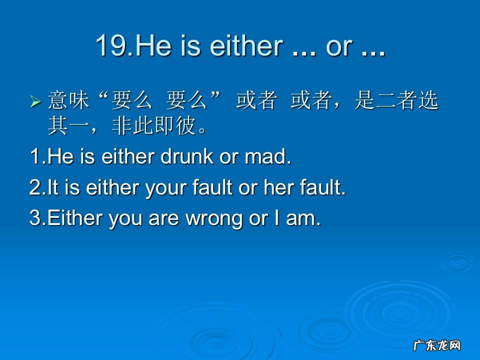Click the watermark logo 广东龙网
[436, 345]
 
